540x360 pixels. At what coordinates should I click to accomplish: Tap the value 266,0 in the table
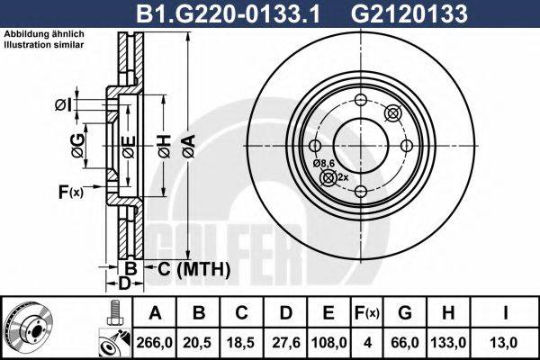point(155,341)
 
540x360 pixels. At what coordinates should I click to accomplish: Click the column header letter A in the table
point(155,313)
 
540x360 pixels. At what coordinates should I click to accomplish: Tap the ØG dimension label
point(78,143)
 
